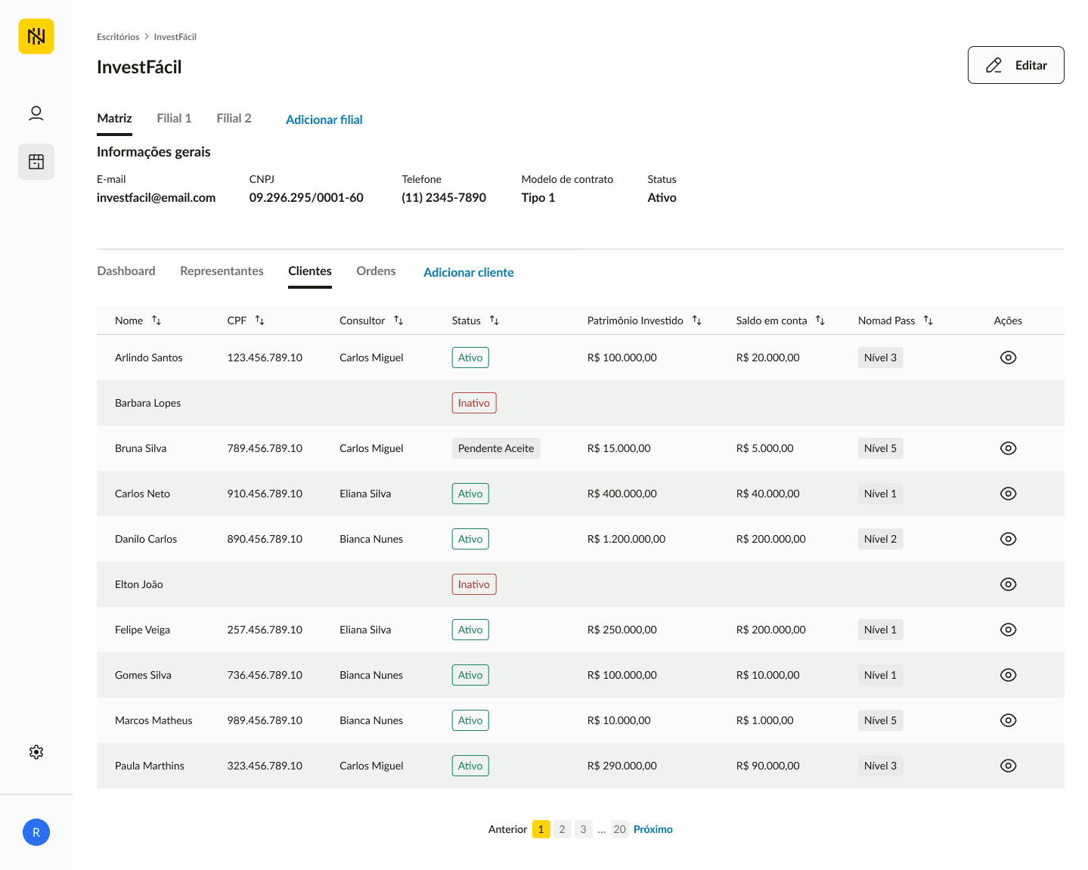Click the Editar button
(x=1015, y=65)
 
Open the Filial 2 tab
(x=234, y=118)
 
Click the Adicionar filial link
(x=324, y=120)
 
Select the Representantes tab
(x=222, y=271)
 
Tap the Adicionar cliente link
(x=468, y=272)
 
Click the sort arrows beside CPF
(x=259, y=320)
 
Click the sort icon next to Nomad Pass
(x=928, y=320)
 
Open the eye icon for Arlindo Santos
(x=1008, y=358)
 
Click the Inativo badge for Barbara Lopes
(x=474, y=403)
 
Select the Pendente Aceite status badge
(x=495, y=448)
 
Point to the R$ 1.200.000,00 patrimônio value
(x=626, y=539)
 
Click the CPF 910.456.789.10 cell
(x=265, y=494)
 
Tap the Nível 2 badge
(x=880, y=539)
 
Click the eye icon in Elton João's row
(x=1008, y=584)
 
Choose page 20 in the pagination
(x=619, y=829)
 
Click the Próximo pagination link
(x=652, y=829)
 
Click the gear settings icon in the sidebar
(x=36, y=752)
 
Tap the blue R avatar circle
(x=36, y=832)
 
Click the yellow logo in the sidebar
(x=36, y=36)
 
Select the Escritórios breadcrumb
(x=118, y=37)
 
